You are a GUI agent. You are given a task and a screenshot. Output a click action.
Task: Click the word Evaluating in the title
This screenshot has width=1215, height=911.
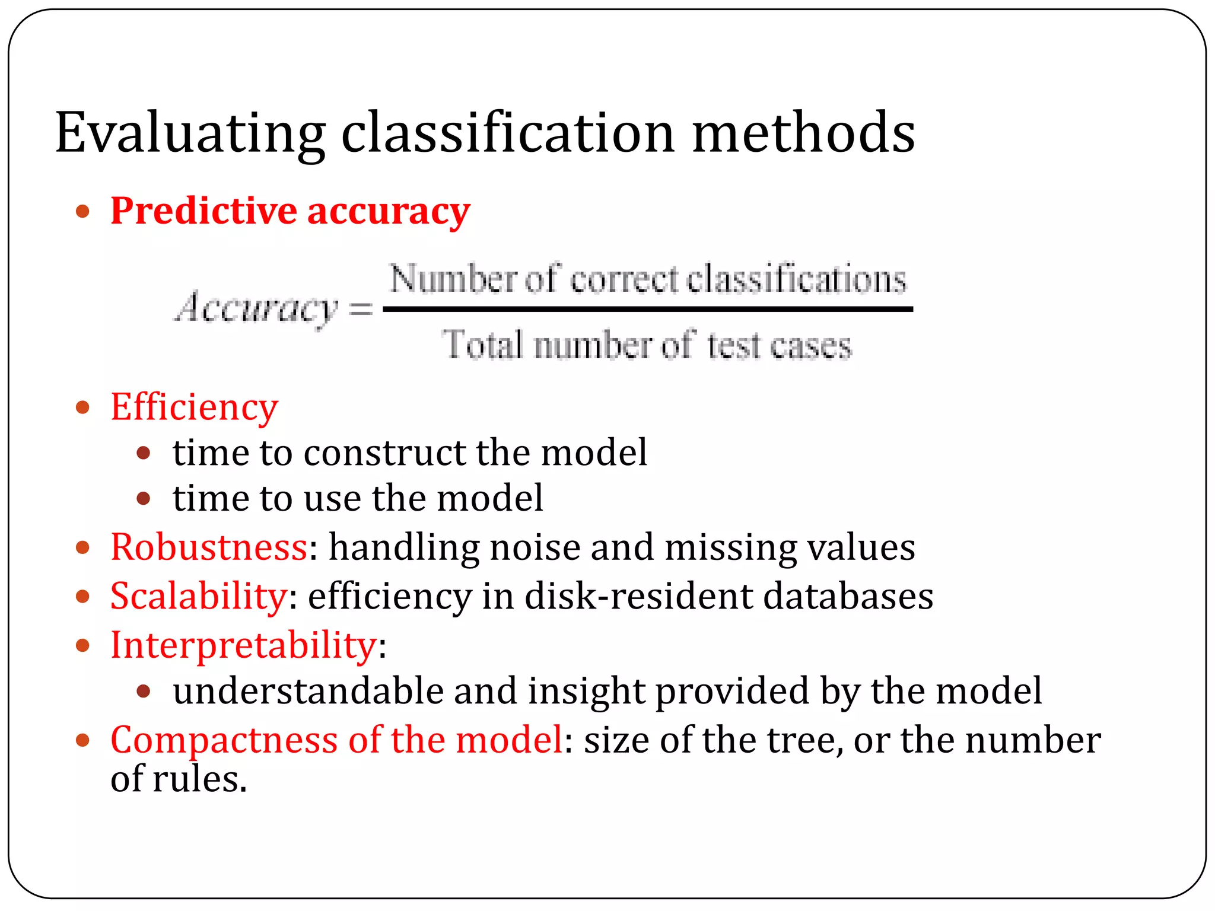coord(190,133)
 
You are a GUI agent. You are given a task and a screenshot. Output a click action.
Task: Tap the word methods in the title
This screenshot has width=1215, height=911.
coord(803,133)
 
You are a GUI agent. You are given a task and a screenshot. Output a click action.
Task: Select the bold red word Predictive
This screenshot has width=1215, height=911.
coord(203,211)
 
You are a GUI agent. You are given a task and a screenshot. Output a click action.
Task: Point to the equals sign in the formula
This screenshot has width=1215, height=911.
coord(361,309)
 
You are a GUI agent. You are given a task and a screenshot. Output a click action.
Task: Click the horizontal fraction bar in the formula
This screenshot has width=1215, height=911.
coord(647,309)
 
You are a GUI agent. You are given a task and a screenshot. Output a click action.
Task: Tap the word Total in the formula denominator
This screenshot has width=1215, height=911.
coord(483,345)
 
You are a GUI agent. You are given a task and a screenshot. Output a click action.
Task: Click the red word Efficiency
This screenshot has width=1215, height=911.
coord(194,408)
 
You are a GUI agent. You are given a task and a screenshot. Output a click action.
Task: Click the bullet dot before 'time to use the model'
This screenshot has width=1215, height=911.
coord(144,498)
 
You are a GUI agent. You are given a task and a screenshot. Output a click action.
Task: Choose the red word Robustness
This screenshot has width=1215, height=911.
coord(209,547)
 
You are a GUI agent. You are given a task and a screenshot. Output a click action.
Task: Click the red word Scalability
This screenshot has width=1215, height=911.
coord(199,596)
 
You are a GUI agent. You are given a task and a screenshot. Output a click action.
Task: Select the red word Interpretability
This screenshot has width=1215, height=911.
coord(244,645)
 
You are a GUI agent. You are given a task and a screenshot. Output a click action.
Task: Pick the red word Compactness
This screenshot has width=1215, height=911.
coord(224,741)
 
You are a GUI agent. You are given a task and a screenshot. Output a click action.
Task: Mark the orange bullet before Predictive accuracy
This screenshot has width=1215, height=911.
coord(82,212)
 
